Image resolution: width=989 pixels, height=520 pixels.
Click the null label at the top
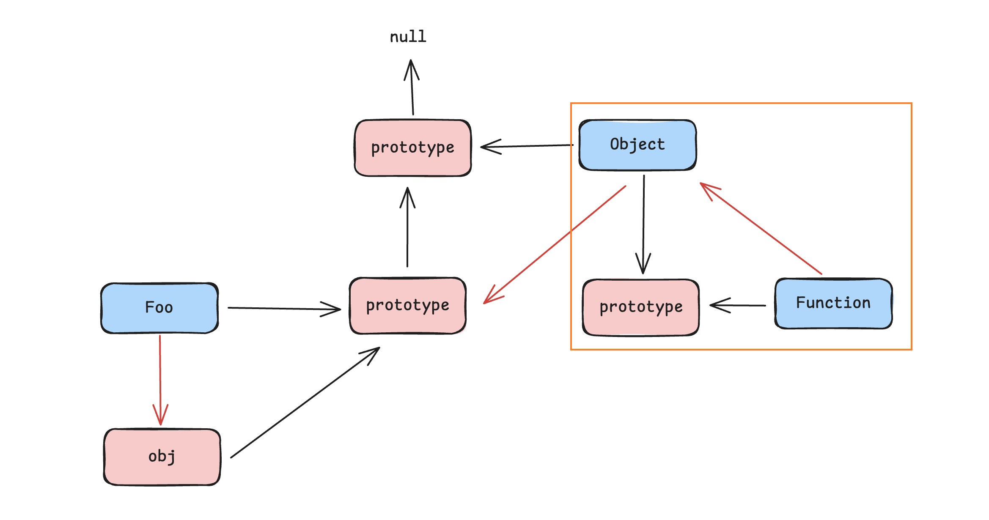(408, 37)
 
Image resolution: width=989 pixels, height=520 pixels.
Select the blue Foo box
(159, 308)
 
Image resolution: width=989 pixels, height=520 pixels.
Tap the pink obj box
(162, 457)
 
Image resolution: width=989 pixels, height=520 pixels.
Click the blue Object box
(637, 145)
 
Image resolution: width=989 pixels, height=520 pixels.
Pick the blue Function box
(833, 303)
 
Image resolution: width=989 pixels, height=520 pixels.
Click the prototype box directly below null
(412, 148)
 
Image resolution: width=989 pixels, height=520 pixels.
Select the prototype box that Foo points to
(407, 305)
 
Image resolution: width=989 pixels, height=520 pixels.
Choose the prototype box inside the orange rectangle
(640, 307)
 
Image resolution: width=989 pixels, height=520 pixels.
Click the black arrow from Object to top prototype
(529, 146)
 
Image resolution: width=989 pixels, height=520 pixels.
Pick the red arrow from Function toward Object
(761, 229)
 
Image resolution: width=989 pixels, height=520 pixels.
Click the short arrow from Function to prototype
(738, 305)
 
